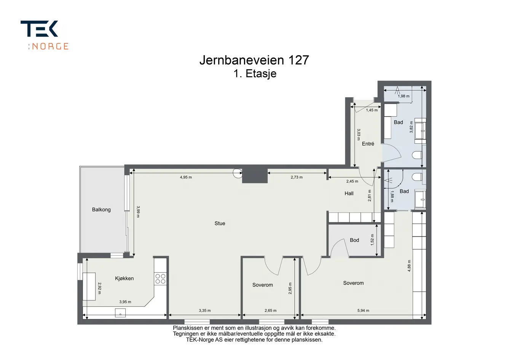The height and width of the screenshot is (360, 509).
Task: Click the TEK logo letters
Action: pos(39,29)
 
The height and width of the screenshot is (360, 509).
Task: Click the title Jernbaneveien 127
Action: pos(254,60)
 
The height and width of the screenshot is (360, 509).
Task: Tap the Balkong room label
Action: pos(101,210)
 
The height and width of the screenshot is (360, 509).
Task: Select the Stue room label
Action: pos(220,223)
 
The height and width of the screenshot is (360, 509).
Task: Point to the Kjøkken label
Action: pos(124,278)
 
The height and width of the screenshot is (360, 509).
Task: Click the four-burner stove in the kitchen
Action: pos(160,279)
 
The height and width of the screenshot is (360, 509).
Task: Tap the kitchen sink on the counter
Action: pos(120,313)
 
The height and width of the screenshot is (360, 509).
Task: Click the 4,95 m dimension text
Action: pos(186,177)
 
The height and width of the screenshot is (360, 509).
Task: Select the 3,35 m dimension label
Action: pos(205,310)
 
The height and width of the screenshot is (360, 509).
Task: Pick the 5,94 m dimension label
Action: pos(363,310)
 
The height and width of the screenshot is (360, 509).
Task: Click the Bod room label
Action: pos(354,240)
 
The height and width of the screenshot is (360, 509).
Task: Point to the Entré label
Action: pos(368,144)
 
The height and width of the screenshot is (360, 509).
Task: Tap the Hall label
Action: pos(349,194)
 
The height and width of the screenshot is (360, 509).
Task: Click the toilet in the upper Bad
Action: pos(417,155)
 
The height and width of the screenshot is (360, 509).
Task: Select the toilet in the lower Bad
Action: pos(417,177)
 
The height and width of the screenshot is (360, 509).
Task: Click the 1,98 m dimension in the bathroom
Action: pos(404,96)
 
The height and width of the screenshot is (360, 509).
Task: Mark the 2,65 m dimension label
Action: pos(271,310)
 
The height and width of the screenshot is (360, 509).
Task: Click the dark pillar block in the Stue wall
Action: pos(255,175)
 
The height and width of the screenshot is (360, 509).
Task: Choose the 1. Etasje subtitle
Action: pos(255,74)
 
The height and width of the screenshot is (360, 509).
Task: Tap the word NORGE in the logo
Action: pos(50,46)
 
